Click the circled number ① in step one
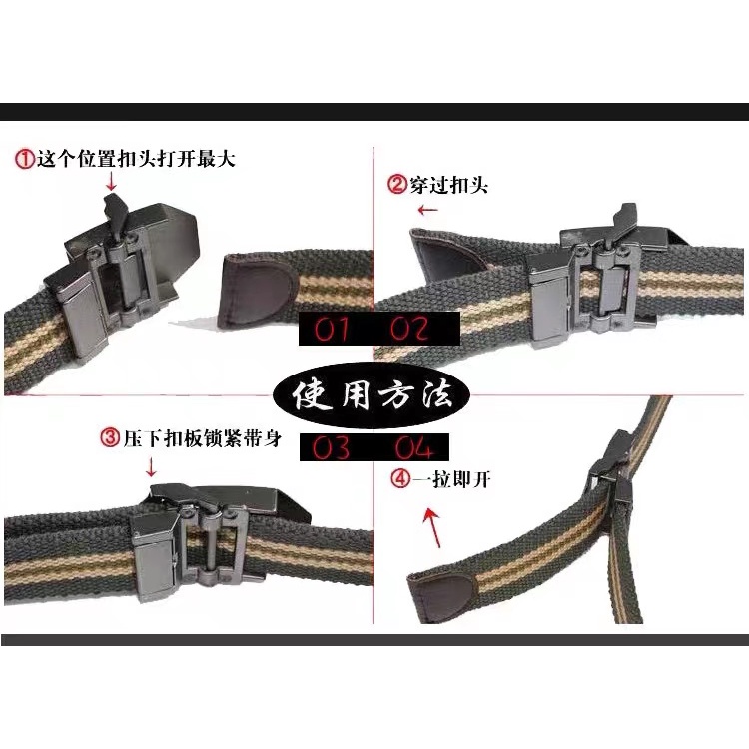(25, 159)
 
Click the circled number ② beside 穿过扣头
(397, 185)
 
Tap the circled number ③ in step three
(110, 437)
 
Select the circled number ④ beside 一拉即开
(400, 478)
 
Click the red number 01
(331, 329)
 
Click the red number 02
(408, 329)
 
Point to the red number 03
(331, 448)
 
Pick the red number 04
(414, 448)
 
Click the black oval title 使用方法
(372, 394)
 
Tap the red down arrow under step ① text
(111, 181)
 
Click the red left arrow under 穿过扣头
(427, 210)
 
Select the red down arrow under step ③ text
(151, 467)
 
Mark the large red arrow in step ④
(433, 528)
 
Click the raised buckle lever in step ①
(115, 214)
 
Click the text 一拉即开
(451, 478)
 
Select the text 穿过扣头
(448, 185)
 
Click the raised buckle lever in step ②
(626, 219)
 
